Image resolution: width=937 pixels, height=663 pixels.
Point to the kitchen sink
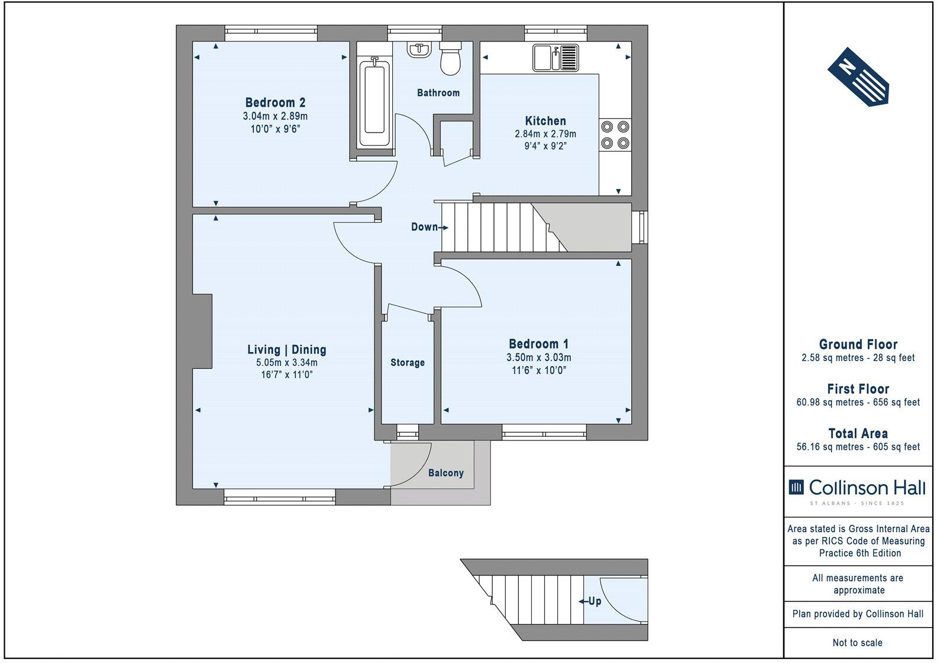(555, 58)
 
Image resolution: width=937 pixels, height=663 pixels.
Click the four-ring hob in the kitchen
(615, 134)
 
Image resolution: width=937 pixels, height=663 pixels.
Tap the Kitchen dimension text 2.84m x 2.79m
(545, 134)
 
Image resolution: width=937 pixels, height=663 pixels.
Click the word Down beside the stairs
(425, 227)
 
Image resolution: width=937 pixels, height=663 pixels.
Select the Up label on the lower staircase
(594, 601)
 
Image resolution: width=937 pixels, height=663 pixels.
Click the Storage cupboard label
(408, 362)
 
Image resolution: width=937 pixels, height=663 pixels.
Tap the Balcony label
(446, 473)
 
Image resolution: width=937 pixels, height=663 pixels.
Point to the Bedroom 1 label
(538, 344)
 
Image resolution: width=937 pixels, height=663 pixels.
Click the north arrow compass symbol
(858, 77)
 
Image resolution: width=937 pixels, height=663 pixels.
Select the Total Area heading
(858, 433)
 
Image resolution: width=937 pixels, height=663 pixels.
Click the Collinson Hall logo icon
(796, 487)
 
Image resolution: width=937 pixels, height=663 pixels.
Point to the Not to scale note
(858, 642)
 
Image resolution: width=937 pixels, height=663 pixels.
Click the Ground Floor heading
(858, 345)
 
